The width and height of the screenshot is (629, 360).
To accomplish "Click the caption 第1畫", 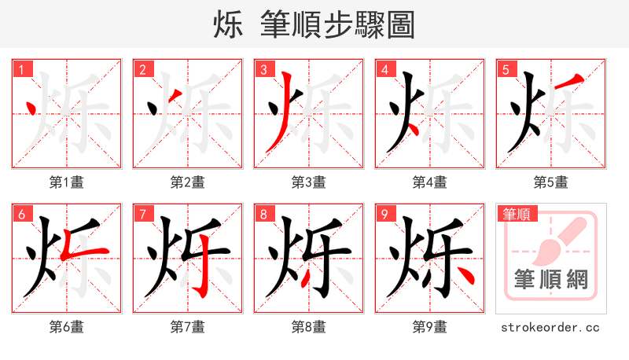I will [x=66, y=182].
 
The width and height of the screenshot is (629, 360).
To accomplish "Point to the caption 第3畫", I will [x=308, y=182].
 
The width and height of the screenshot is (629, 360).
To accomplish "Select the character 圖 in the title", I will [x=400, y=25].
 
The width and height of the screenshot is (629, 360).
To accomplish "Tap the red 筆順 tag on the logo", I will [x=516, y=214].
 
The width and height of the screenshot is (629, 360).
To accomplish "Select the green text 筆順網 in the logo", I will [x=550, y=280].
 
